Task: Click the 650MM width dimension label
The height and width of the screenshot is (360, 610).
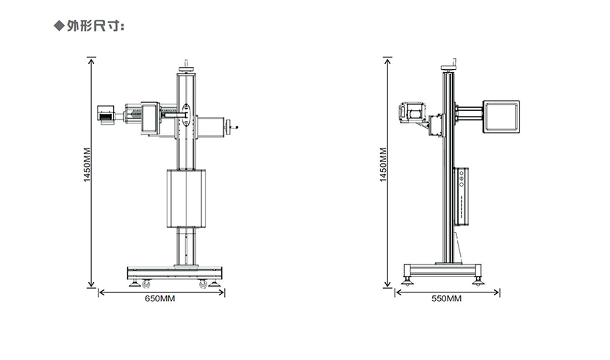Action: coord(160,298)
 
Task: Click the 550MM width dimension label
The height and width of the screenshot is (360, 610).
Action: coord(447,298)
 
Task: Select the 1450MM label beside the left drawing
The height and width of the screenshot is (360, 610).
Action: coord(87,165)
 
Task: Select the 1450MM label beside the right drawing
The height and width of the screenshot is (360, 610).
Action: coord(383,165)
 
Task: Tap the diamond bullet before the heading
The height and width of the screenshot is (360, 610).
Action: coord(59,26)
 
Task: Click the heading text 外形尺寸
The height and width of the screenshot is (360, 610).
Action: coord(94,26)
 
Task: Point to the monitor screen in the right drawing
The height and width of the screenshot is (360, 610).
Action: coord(501,117)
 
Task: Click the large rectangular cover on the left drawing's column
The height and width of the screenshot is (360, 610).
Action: coord(187,198)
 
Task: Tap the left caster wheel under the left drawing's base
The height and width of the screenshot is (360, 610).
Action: coord(146,284)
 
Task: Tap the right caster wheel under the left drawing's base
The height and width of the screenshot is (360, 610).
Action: coord(203,284)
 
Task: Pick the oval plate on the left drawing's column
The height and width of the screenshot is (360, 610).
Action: coord(187,115)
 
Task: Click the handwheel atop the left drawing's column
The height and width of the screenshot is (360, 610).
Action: coord(187,69)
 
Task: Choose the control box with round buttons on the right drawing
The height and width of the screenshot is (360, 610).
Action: coord(461,196)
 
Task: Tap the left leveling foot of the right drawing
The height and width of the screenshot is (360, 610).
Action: coord(407,281)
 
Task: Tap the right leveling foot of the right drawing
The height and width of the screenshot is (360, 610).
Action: coord(478,281)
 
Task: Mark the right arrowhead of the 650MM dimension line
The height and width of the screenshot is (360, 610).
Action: coord(223,292)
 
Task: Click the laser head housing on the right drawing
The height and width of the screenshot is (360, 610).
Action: coord(412,112)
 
